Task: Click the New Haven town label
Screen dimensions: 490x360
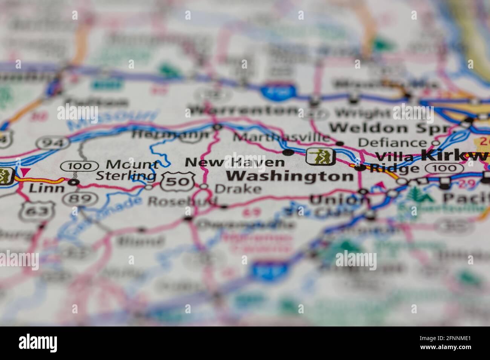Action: point(234,162)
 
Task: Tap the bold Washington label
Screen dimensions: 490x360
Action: point(290,176)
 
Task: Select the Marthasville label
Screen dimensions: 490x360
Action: point(281,137)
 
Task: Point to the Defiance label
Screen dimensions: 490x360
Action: point(392,142)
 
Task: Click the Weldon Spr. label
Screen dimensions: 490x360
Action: point(390,128)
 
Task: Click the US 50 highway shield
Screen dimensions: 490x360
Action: point(178,182)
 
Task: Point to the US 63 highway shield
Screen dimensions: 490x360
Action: point(37,211)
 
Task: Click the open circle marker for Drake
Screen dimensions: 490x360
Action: point(204,186)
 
